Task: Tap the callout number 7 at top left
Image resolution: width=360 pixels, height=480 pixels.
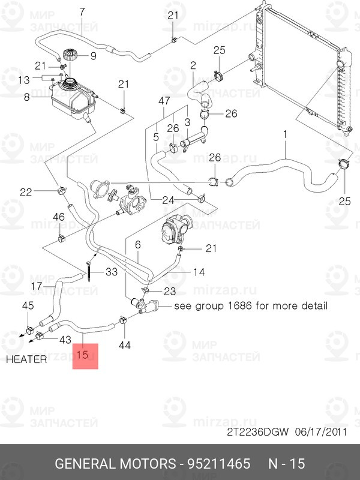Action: [x=82, y=11]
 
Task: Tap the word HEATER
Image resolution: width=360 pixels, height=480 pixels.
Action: [x=26, y=360]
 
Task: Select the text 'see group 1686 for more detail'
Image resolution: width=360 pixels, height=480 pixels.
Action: [x=251, y=306]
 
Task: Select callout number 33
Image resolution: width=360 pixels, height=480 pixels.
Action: [x=112, y=272]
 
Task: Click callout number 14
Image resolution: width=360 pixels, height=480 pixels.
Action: [x=199, y=272]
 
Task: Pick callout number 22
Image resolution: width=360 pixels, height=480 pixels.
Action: [x=26, y=192]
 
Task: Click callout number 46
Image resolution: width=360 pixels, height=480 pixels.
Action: [x=59, y=217]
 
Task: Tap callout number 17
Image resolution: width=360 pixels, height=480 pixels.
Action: [x=37, y=286]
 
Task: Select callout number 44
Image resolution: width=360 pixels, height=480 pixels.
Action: [x=125, y=345]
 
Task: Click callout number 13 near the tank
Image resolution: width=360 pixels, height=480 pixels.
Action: [x=24, y=80]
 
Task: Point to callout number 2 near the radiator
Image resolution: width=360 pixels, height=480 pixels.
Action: [x=193, y=65]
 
